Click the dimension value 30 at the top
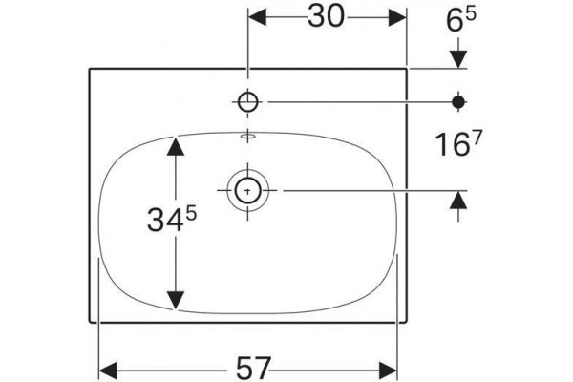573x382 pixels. pos(326,17)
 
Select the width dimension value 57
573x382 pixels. pos(254,368)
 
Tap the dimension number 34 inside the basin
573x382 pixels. pos(165,220)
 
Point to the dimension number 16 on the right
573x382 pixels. pos(452,145)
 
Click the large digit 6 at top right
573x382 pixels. pos(455,21)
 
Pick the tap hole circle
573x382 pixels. pos(248,102)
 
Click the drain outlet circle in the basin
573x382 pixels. pos(248,190)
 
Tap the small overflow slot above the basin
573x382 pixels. pos(248,137)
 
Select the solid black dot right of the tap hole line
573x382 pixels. pos(458,102)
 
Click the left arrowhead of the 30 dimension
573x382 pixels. pos(257,17)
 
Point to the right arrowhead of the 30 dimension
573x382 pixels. pos(397,17)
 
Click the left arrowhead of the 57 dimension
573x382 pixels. pos(108,370)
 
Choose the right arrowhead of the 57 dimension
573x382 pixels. pos(388,370)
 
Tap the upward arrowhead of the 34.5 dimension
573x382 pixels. pos(176,146)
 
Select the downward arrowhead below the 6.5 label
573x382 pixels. pos(458,59)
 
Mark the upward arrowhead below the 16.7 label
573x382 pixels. pos(458,200)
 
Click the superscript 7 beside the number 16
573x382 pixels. pos(477,138)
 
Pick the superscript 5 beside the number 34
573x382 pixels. pos(191,213)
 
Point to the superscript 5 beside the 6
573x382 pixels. pos(471,14)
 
